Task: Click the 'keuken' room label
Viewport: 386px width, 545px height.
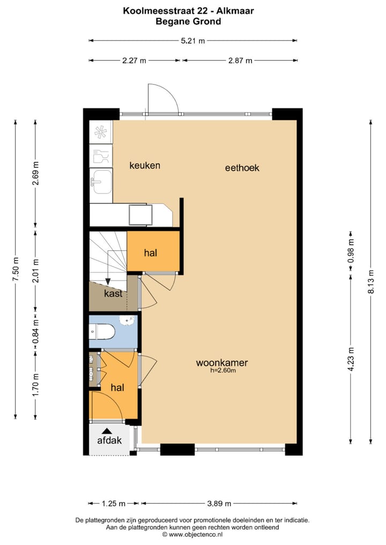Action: (145, 165)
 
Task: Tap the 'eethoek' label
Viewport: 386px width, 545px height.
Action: (242, 168)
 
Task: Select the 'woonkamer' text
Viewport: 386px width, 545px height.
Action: (221, 362)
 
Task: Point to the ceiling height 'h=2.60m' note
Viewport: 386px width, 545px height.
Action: (224, 370)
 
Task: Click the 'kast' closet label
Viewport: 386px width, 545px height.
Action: (113, 293)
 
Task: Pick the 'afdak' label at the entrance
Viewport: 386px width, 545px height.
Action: (109, 441)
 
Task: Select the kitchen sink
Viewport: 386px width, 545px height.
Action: (101, 181)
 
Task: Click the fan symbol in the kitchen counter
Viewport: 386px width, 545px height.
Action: (100, 132)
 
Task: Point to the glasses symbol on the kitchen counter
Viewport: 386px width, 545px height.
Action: (100, 156)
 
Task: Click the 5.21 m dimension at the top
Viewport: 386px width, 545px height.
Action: (192, 40)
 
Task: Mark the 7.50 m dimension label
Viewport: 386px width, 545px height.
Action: (16, 273)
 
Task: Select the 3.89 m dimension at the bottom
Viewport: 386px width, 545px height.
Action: (219, 503)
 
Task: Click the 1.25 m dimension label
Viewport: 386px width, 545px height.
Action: (114, 503)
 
